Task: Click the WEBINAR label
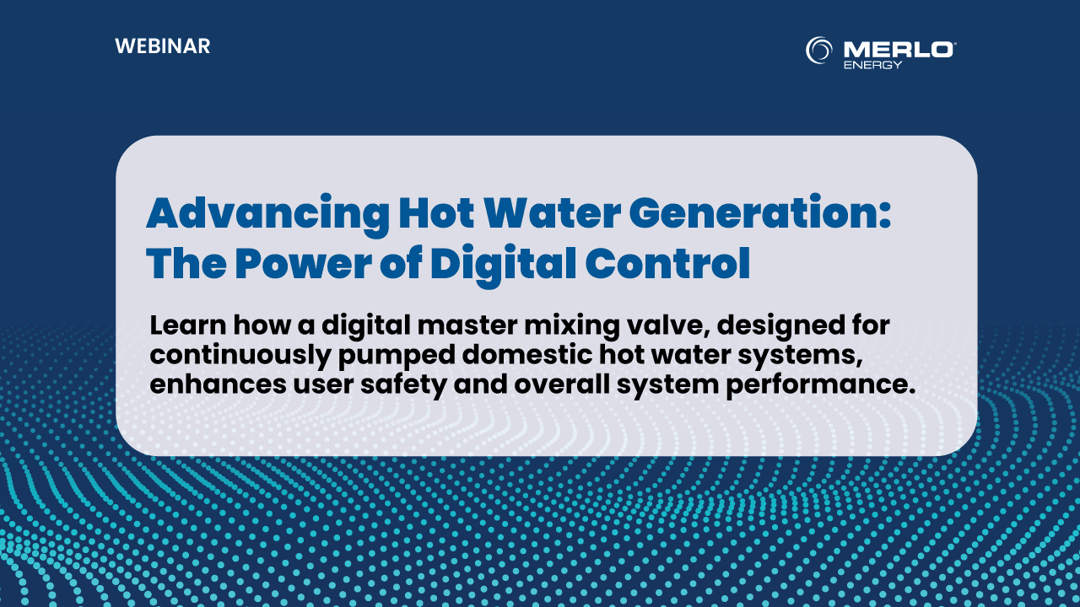pos(163,46)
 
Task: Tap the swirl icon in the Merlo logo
pos(818,50)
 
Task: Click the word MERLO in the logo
pos(898,50)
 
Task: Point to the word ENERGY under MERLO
pos(872,65)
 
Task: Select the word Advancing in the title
pos(268,214)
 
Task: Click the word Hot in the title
pos(437,213)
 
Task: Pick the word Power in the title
pos(303,263)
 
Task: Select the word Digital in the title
pos(504,266)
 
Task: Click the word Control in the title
pos(667,263)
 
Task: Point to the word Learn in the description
pos(188,325)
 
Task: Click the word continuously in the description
pos(240,356)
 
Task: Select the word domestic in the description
pos(527,355)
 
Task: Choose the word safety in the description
pos(403,386)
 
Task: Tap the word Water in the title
pos(552,213)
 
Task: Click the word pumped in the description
pos(397,356)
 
